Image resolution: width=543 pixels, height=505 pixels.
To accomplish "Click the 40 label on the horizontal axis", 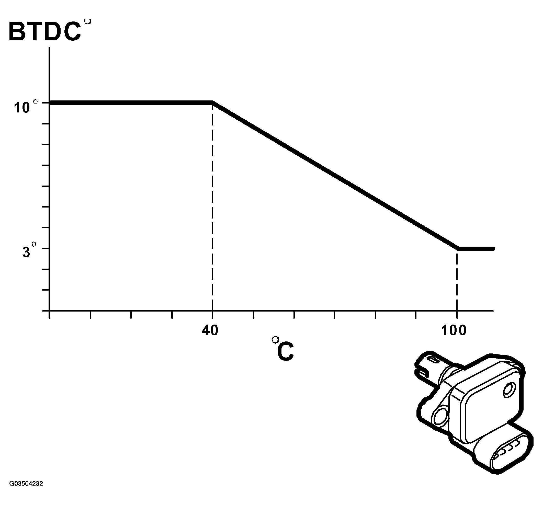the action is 210,330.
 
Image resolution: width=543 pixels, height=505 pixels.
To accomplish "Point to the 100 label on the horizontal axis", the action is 454,330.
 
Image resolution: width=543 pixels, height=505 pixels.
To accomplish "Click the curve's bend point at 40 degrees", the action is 212,103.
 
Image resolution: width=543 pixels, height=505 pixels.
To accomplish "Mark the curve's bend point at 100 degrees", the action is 458,249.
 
